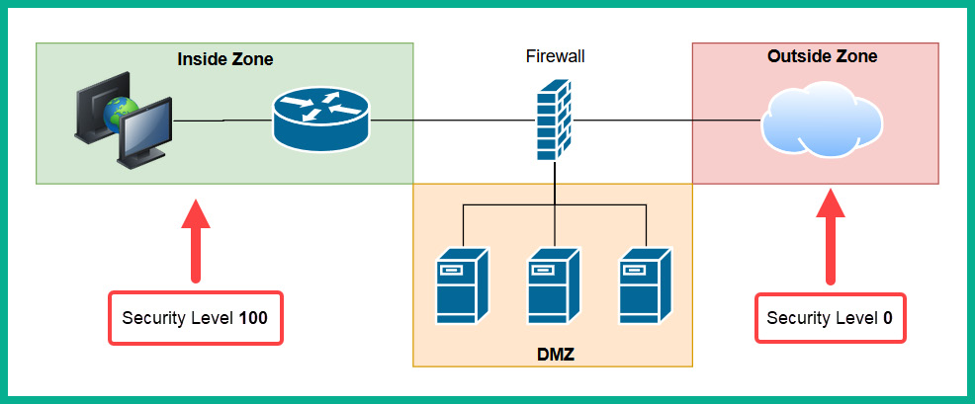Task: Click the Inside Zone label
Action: click(224, 59)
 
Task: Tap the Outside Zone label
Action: click(822, 56)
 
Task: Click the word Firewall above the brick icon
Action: click(555, 56)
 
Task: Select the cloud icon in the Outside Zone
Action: click(821, 123)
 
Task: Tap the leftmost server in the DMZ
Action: click(462, 286)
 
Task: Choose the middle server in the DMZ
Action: click(554, 286)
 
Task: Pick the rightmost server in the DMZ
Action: click(645, 286)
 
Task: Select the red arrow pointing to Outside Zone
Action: click(830, 237)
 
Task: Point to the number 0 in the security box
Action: click(887, 318)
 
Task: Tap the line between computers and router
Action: click(222, 121)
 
